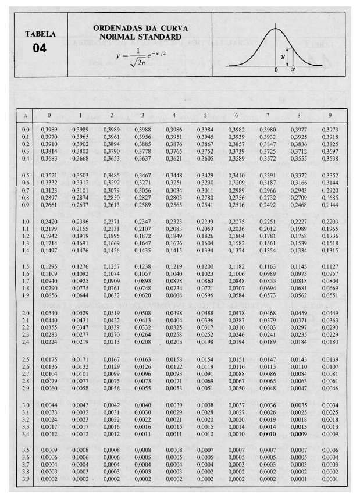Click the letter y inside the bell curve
tap(283, 56)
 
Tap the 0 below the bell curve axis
tap(277, 69)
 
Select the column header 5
tap(205, 116)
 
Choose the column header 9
tap(330, 116)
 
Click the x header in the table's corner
tap(26, 116)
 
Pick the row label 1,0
tap(26, 222)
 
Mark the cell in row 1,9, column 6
tap(237, 294)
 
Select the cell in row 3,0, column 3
tap(142, 405)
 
